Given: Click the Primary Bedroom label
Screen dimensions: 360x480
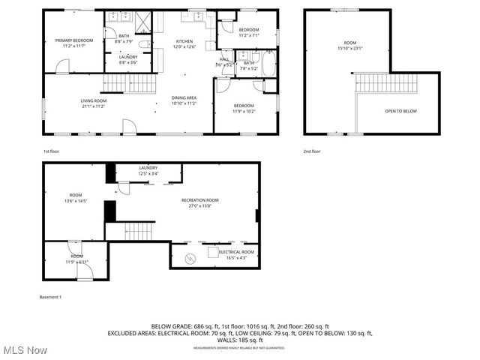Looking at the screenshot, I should point(73,43).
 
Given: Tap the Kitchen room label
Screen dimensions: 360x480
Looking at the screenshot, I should point(184,43).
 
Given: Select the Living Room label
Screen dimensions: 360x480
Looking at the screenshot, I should point(94,103).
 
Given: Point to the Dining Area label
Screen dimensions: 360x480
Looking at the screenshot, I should point(184,100).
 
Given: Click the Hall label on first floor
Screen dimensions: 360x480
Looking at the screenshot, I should point(224,61).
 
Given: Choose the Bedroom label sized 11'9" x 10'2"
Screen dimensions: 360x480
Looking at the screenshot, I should point(244,108).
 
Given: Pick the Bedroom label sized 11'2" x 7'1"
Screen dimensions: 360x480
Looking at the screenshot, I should point(248,32).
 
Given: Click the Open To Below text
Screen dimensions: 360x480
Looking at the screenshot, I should point(401,111).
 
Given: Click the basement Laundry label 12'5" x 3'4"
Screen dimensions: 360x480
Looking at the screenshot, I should point(148,170).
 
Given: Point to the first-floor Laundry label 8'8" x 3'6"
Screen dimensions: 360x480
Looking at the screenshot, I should point(127,59).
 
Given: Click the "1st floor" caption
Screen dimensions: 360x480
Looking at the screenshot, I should point(51,151).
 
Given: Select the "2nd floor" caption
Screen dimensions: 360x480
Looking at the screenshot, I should point(312,151).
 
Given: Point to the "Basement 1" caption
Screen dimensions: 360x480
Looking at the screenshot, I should point(50,298).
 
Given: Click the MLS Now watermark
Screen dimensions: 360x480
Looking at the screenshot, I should point(24,350).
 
